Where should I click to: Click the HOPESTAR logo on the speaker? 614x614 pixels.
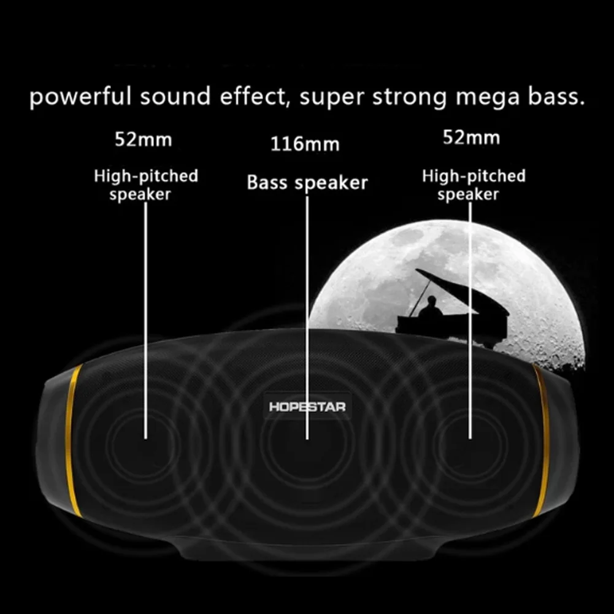[x=307, y=407]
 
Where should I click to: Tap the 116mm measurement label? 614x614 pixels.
[x=305, y=145]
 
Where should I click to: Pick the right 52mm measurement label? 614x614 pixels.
[x=471, y=138]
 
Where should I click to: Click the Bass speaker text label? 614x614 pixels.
[x=307, y=183]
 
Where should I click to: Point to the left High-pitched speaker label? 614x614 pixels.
[x=146, y=185]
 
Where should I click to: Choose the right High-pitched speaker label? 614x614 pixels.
[x=474, y=185]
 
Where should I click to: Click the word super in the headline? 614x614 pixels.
[x=332, y=98]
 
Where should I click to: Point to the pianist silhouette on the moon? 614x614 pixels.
[x=430, y=309]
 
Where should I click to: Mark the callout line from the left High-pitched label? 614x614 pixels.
[x=146, y=319]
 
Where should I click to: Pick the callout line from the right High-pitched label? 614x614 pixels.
[x=470, y=319]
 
